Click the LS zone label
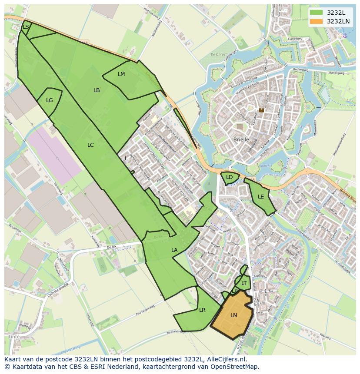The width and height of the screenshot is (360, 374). coord(26,27)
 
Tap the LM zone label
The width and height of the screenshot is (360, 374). coord(121,74)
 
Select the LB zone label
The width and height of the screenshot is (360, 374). coord(97,90)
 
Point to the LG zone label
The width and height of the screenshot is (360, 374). coord(50,100)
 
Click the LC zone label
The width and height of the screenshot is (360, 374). coord(90,145)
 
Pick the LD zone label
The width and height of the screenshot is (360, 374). coord(229,177)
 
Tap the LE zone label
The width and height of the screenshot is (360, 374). coord(261,197)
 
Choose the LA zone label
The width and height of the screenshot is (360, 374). coord(174,250)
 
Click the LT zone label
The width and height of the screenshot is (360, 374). coord(244,283)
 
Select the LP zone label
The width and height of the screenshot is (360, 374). coord(235,291)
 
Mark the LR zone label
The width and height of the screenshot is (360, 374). coord(202,310)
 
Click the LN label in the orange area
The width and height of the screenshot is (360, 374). coord(233,315)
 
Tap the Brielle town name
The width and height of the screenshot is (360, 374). coord(241,140)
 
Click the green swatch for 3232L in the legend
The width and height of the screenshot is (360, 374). coord(316,12)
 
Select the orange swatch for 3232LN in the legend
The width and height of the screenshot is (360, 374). coord(316,21)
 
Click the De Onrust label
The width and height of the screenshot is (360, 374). coord(219,54)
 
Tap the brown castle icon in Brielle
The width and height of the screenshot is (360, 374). coord(261,110)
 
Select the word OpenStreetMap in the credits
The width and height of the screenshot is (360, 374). coord(235,367)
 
